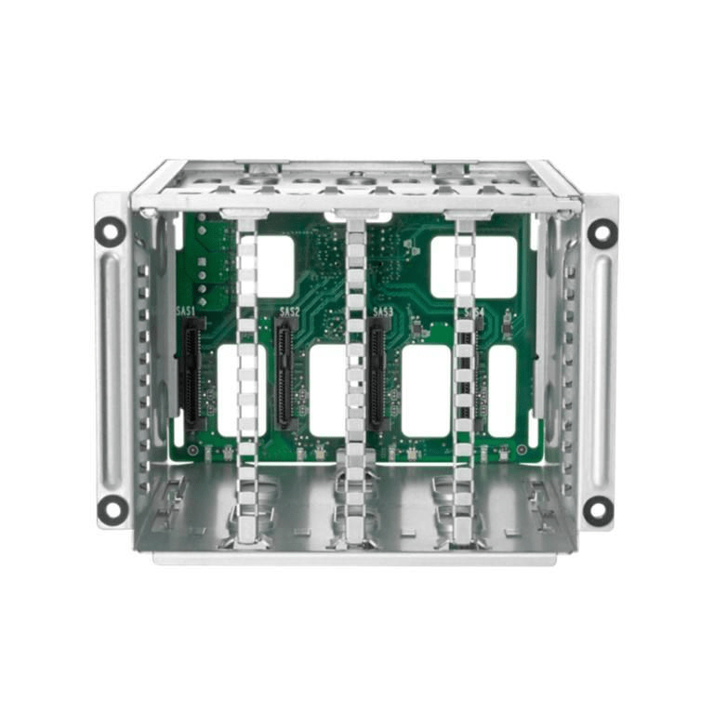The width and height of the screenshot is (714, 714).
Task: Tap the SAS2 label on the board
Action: (289, 311)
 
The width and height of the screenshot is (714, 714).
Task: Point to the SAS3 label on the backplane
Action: (382, 311)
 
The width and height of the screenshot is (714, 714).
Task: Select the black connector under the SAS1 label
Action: (192, 372)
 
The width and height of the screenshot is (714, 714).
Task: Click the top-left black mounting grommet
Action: (110, 231)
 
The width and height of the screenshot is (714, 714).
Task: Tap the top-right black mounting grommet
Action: (602, 232)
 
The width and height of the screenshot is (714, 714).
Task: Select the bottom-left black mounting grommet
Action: (112, 509)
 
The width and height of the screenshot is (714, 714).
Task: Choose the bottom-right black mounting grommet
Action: (598, 509)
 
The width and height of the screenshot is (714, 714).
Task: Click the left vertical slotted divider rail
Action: (246, 372)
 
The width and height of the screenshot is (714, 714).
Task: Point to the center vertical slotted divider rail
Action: (356, 372)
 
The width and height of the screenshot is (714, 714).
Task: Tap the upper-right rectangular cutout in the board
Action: (474, 266)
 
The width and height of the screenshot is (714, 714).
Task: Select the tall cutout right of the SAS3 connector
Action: (426, 390)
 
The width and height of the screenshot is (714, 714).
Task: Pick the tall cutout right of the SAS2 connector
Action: (327, 390)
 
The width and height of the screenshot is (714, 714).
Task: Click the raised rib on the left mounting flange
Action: (112, 370)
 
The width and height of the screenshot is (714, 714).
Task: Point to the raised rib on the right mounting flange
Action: (601, 370)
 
